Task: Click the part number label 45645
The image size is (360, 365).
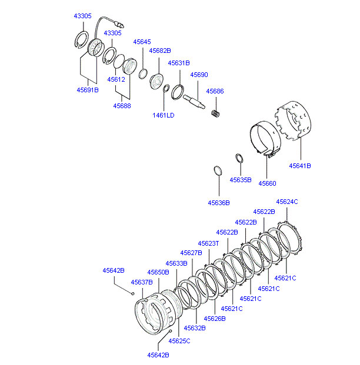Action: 142,42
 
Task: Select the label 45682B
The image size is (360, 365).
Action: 160,51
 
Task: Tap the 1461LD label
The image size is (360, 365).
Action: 164,115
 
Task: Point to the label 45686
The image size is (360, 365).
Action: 215,91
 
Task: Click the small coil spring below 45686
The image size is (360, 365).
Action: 215,113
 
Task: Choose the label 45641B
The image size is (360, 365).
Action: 300,166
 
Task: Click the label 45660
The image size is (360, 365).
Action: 267,183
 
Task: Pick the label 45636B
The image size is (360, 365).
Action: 219,203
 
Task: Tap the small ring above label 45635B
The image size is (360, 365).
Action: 239,159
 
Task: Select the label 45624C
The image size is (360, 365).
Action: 287,202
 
